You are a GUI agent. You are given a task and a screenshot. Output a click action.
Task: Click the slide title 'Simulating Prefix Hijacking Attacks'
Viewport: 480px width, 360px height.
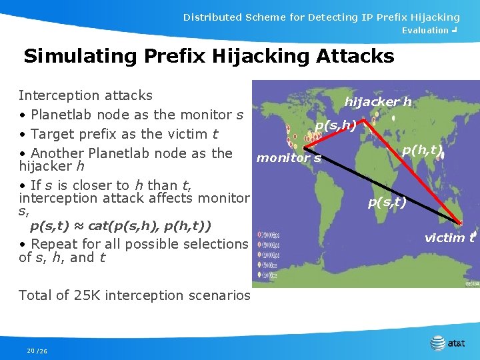[x=209, y=55]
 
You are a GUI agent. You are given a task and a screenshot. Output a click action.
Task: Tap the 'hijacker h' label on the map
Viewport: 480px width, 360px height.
[x=377, y=102]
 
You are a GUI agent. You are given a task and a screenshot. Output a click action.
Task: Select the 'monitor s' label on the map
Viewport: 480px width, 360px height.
[x=289, y=158]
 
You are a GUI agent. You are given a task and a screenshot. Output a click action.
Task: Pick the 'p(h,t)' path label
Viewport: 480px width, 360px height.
[x=421, y=150]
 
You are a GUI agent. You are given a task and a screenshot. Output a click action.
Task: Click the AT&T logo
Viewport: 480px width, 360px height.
[x=448, y=343]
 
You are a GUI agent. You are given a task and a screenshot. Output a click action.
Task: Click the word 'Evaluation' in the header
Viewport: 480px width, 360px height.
[x=425, y=30]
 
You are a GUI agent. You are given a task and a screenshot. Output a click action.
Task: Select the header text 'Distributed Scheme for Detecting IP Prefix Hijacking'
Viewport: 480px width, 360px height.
[x=321, y=17]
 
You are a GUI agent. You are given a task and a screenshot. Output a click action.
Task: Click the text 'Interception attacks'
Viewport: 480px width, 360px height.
[x=85, y=96]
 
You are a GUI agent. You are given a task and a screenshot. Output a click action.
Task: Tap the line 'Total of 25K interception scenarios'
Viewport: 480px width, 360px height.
[x=134, y=295]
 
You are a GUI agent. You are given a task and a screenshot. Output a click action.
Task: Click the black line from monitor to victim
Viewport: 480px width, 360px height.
[x=387, y=187]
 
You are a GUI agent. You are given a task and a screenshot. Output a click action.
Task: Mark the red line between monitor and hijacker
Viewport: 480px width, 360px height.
[x=333, y=135]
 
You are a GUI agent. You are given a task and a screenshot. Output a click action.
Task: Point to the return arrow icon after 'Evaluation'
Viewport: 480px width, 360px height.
[x=454, y=30]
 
